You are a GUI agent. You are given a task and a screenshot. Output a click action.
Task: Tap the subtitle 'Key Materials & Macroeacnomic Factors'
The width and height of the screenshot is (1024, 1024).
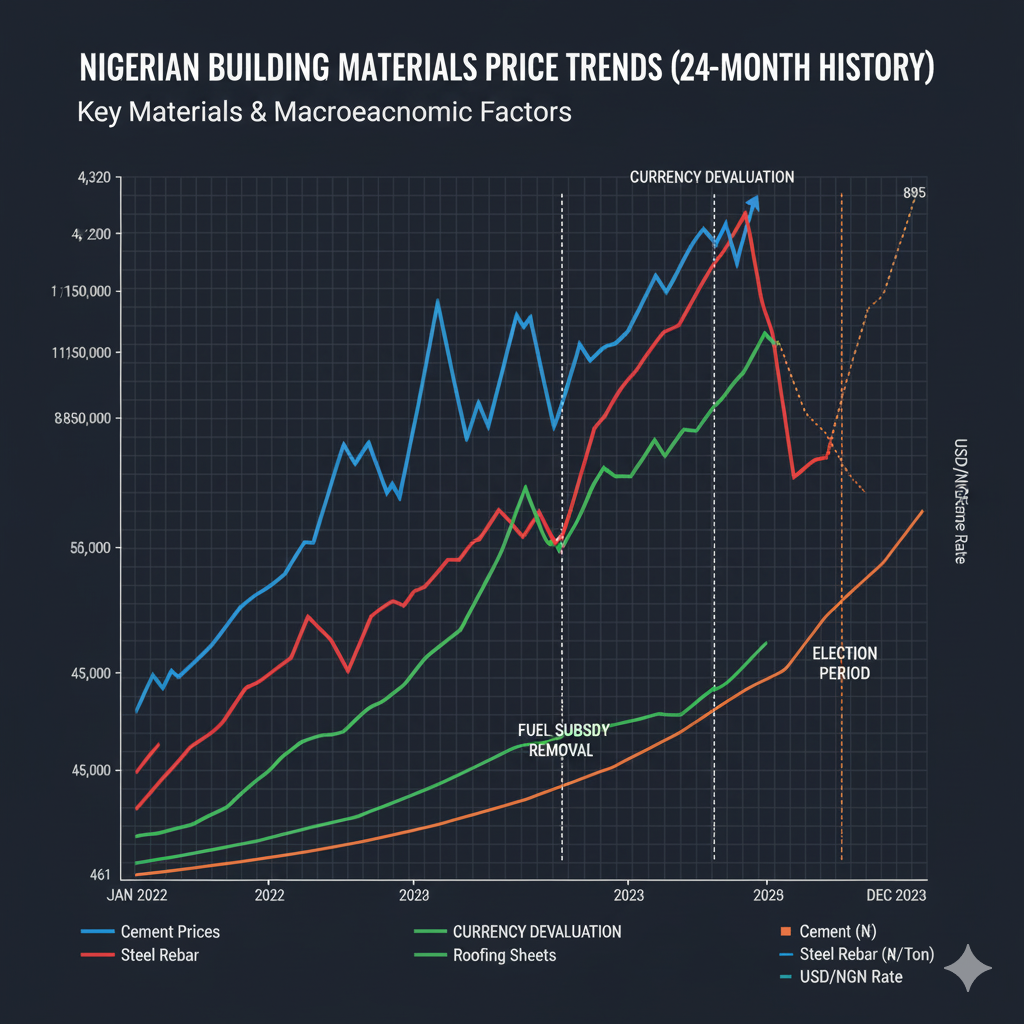(x=324, y=111)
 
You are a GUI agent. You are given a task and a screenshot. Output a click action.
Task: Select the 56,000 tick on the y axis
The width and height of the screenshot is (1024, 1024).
(x=95, y=548)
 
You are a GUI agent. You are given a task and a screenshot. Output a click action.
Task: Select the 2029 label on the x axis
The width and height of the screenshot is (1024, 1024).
(x=767, y=895)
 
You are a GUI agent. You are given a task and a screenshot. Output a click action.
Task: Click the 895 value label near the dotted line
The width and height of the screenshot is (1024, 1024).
(x=913, y=193)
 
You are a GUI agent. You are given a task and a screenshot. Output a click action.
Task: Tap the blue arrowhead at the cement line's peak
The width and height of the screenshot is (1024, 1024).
(x=754, y=203)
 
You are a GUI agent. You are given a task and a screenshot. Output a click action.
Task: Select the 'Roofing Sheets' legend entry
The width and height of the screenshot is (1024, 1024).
(x=504, y=955)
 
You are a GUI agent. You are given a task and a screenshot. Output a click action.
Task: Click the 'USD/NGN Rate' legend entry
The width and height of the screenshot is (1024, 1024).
(x=851, y=976)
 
